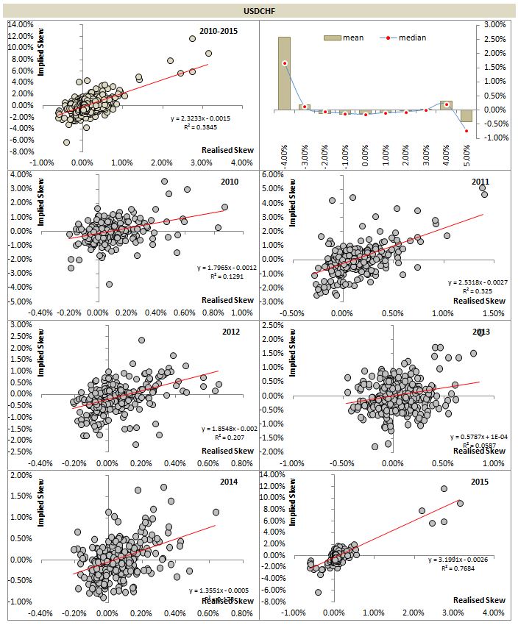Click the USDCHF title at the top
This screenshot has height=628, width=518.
258,11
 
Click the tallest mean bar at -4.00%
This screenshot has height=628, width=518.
284,74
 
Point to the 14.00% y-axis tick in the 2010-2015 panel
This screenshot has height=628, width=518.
20,24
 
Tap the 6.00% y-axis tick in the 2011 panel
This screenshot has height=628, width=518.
272,174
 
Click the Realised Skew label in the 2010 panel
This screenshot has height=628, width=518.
228,299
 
